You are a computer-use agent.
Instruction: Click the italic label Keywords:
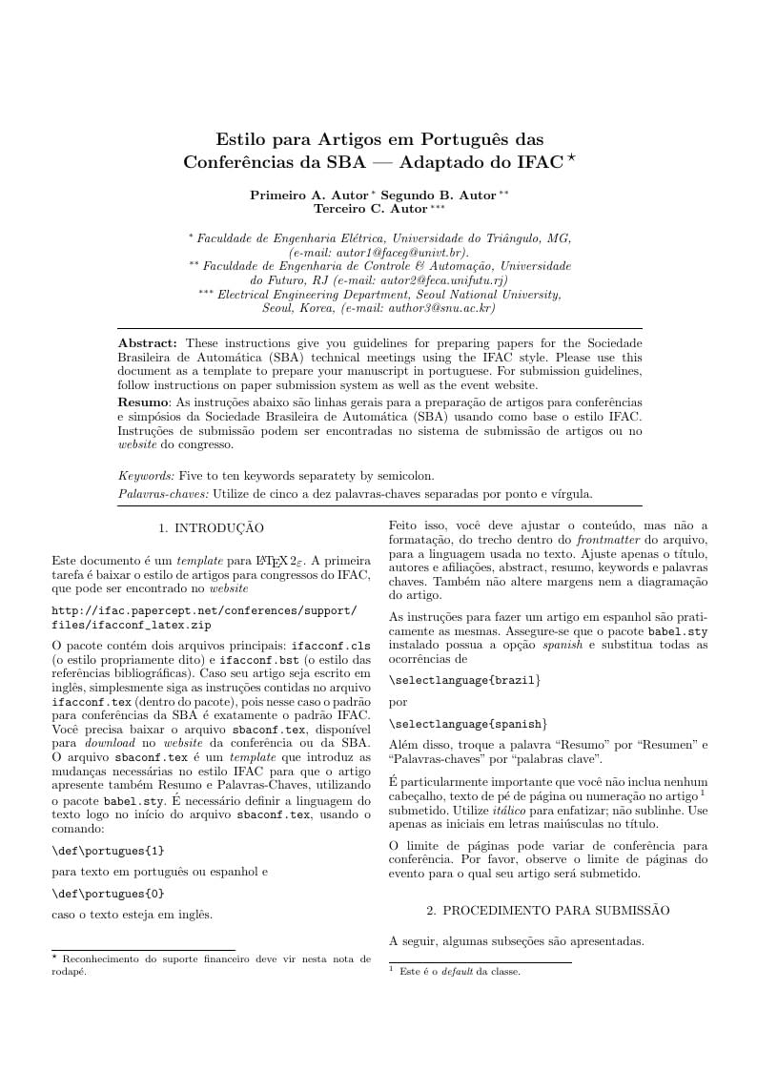(146, 475)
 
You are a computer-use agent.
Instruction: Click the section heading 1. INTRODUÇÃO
(211, 527)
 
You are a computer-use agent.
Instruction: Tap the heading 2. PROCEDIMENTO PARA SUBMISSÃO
(547, 911)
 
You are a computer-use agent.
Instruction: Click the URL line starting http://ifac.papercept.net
(204, 610)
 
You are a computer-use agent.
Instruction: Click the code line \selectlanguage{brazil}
(465, 680)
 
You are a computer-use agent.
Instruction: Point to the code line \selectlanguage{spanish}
(468, 724)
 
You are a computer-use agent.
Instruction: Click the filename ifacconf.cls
(330, 646)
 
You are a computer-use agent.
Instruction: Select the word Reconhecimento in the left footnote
(105, 959)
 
